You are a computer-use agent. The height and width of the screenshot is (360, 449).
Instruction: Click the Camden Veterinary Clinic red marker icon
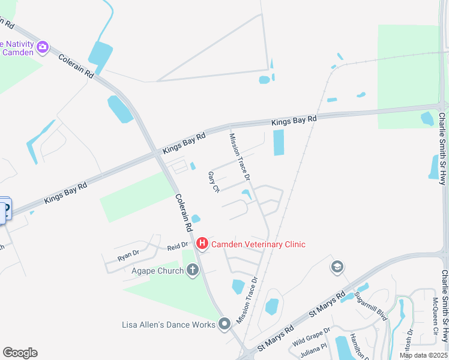202,244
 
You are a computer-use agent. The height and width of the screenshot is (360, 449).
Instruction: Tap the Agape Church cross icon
192,270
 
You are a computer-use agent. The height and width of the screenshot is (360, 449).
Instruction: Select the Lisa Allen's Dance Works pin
224,325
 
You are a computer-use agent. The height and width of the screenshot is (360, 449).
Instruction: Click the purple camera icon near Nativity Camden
42,47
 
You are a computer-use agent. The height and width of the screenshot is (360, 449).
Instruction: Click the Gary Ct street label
213,182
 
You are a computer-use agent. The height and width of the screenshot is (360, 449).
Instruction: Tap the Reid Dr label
178,247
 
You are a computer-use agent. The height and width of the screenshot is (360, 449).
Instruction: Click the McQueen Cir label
436,310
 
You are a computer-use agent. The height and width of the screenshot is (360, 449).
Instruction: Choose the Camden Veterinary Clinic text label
258,244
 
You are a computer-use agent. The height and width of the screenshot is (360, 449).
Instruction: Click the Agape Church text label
157,271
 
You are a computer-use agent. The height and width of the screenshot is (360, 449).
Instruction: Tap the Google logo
20,353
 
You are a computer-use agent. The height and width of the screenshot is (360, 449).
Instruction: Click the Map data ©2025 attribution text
424,355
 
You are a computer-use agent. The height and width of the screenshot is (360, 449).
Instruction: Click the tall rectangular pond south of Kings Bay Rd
279,142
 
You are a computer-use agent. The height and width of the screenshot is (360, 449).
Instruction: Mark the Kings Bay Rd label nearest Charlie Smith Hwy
294,121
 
